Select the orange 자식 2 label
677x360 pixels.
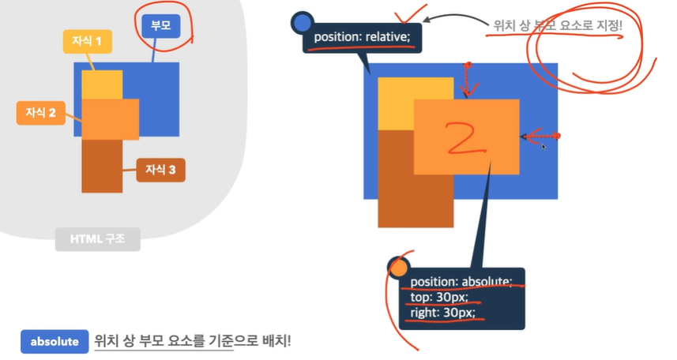pyautogui.click(x=40, y=114)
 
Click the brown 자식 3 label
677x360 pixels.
pyautogui.click(x=160, y=169)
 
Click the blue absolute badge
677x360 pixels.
pyautogui.click(x=55, y=341)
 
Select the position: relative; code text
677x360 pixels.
pyautogui.click(x=363, y=37)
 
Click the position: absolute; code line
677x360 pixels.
pyautogui.click(x=461, y=282)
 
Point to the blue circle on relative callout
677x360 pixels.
pyautogui.click(x=303, y=22)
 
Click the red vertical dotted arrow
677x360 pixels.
pyautogui.click(x=468, y=79)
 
